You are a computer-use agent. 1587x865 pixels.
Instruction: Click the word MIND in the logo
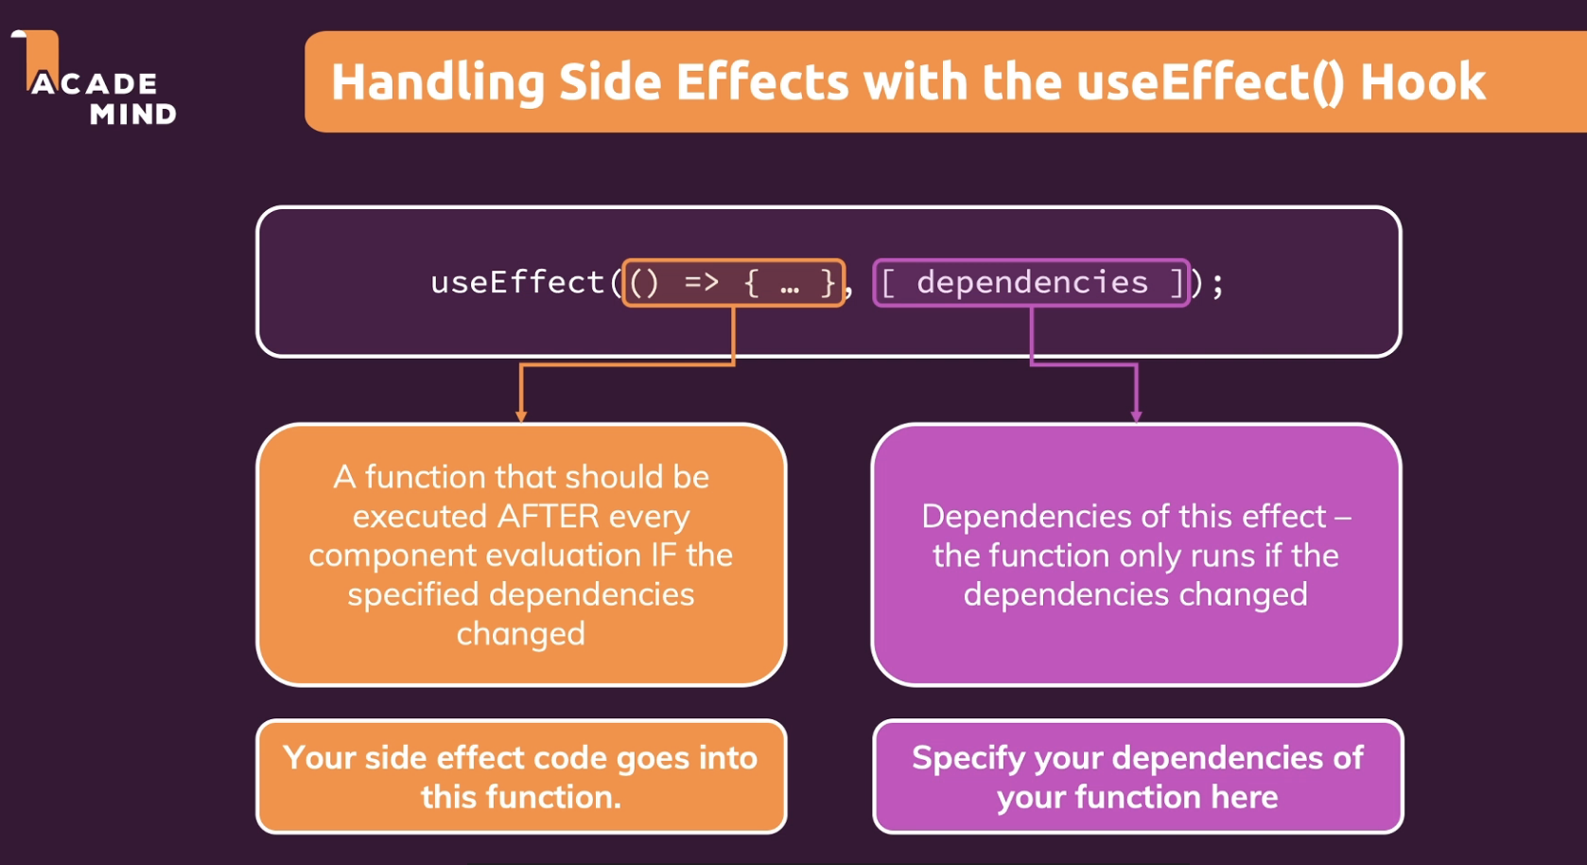[x=133, y=115]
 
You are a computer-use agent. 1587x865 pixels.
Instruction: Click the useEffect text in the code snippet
[x=516, y=282]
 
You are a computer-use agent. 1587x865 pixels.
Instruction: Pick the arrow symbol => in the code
[x=702, y=282]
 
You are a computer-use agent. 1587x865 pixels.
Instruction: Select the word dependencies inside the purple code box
[x=1032, y=282]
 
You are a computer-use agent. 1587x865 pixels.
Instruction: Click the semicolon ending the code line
[x=1217, y=284]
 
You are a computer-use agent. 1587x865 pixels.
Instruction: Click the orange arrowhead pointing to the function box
[x=521, y=415]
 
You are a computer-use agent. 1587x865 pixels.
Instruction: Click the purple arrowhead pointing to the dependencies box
[x=1136, y=415]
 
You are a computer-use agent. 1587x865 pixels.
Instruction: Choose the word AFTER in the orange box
[x=549, y=517]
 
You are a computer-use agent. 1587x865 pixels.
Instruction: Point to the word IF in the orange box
[x=664, y=556]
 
